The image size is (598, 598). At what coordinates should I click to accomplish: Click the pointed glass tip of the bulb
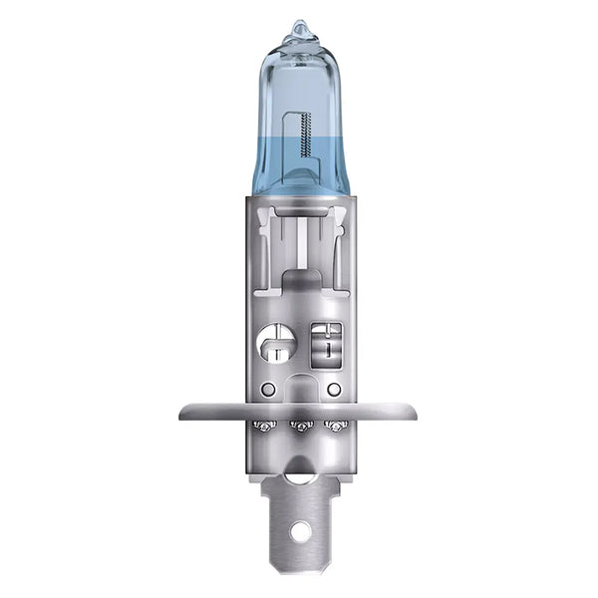[x=300, y=27]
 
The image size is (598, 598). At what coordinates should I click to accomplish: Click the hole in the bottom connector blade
[x=300, y=531]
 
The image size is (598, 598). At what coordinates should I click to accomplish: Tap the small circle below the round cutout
[x=267, y=389]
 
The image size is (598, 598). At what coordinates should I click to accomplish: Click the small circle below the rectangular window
[x=334, y=389]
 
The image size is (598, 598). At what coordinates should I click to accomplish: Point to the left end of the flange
[x=185, y=410]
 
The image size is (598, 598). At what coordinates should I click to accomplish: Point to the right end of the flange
[x=413, y=410]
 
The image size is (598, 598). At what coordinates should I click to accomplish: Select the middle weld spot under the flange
[x=300, y=428]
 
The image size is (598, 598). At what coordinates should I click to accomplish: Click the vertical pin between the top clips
[x=300, y=239]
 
